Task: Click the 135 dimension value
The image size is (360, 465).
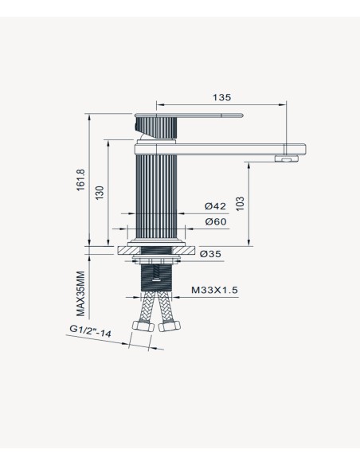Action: click(221, 97)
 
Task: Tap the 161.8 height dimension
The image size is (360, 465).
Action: click(80, 180)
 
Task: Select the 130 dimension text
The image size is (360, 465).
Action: click(100, 193)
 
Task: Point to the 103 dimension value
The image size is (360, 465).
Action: click(240, 204)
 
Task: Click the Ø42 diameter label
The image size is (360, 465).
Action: click(215, 205)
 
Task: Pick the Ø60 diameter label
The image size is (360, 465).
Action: click(216, 221)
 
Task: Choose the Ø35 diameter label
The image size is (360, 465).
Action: click(210, 254)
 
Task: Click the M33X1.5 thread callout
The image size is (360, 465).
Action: click(214, 290)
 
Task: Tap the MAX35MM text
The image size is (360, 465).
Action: click(80, 294)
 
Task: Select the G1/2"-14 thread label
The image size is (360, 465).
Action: click(91, 331)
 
